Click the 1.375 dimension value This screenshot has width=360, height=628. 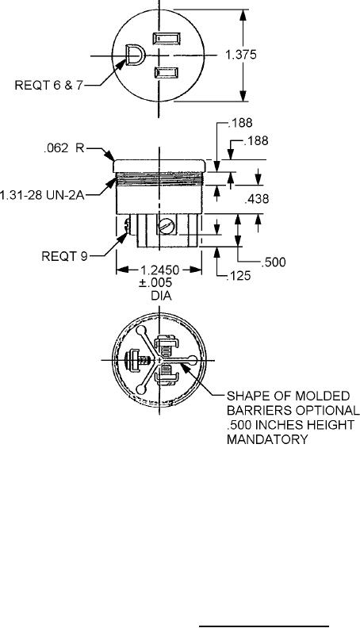[241, 55]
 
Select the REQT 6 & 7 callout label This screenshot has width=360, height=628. [48, 86]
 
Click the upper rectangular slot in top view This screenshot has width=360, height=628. [167, 40]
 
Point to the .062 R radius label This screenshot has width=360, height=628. [64, 148]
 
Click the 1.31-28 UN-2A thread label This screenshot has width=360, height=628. [42, 196]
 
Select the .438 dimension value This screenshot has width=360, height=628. [256, 199]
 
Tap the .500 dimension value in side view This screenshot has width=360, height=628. [274, 262]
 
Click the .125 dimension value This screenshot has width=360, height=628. [238, 276]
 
